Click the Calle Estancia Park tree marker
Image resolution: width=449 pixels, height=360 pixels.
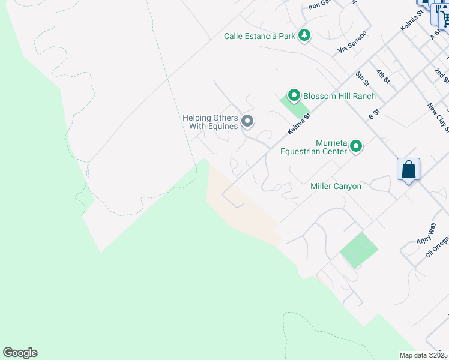(x=305, y=35)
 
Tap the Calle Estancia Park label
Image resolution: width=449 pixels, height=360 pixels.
(x=259, y=36)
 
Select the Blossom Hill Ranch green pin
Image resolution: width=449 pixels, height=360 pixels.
(x=294, y=95)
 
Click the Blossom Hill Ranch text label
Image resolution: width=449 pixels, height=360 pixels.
(x=339, y=96)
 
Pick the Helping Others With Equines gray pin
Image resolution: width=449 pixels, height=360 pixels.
(x=247, y=122)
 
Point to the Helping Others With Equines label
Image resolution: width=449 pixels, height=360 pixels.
(x=210, y=122)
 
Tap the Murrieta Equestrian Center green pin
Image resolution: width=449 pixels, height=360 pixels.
(x=356, y=146)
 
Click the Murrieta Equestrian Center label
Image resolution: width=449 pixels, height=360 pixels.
(x=313, y=147)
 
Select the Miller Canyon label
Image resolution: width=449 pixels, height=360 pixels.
(x=336, y=186)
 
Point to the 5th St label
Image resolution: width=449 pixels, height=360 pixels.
(x=361, y=77)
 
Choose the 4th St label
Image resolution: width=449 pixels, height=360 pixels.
(x=383, y=76)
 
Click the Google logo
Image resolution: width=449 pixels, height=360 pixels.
(x=20, y=353)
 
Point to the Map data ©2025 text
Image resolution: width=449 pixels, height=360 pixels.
(x=424, y=355)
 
